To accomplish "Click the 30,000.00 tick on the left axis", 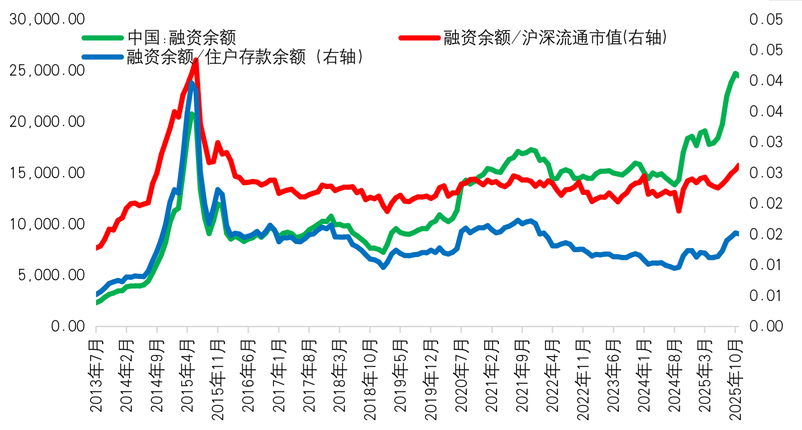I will pyautogui.click(x=47, y=19).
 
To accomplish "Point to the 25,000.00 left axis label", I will pyautogui.click(x=47, y=70).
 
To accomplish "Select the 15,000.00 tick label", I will pyautogui.click(x=47, y=173).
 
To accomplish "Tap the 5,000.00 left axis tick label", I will pyautogui.click(x=52, y=275).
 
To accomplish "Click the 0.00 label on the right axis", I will pyautogui.click(x=766, y=326).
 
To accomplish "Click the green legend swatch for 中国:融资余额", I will pyautogui.click(x=103, y=38).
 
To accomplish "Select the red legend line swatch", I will pyautogui.click(x=419, y=38).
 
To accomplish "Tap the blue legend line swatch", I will pyautogui.click(x=103, y=57).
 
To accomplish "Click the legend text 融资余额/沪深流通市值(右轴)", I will pyautogui.click(x=555, y=38).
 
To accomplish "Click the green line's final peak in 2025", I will pyautogui.click(x=735, y=73).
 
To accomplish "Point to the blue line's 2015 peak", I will pyautogui.click(x=192, y=83).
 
